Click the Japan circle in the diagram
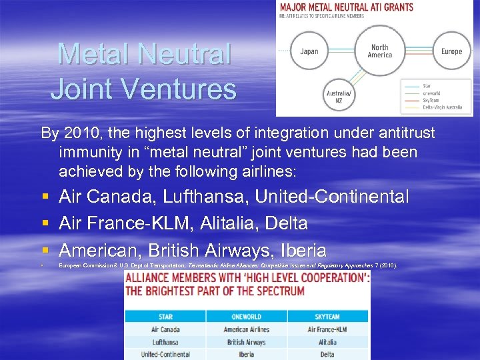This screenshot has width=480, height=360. click(309, 51)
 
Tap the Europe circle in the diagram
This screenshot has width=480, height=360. click(451, 51)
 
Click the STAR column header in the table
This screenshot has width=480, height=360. click(165, 317)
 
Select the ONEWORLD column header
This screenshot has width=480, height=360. click(246, 317)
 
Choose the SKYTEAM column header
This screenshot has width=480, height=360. click(327, 317)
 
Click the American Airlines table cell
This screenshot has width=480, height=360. click(246, 329)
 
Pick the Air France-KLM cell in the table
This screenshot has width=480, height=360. click(327, 329)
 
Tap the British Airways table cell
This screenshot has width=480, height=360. click(246, 342)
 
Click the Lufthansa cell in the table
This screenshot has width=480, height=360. click(165, 342)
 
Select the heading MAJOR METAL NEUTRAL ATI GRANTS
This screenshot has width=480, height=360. click(346, 7)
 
